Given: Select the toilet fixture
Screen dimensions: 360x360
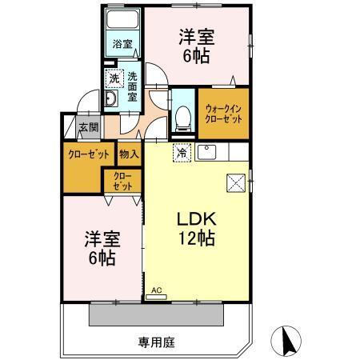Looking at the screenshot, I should (x=182, y=115).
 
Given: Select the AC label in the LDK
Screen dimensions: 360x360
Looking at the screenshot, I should (x=157, y=291).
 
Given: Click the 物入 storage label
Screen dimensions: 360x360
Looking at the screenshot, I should (x=130, y=153).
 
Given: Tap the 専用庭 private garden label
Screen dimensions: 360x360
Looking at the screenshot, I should (x=157, y=342).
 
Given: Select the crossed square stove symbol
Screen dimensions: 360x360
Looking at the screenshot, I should (x=237, y=182).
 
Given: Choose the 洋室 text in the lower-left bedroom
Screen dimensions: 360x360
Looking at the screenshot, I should (x=100, y=239).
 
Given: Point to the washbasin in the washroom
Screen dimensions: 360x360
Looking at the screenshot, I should (x=114, y=98).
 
